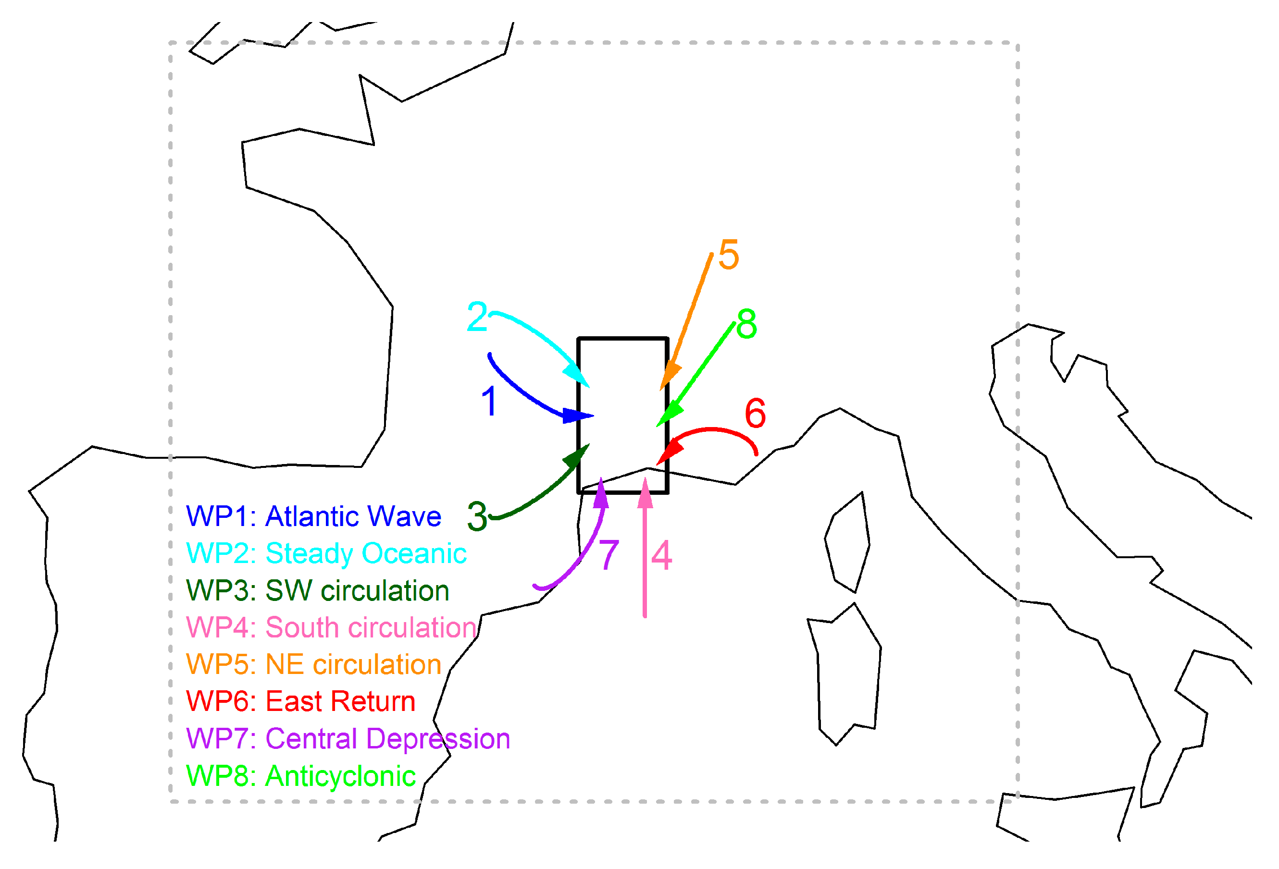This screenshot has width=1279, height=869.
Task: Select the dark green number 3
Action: pyautogui.click(x=477, y=516)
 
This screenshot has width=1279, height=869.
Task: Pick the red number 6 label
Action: pyautogui.click(x=755, y=413)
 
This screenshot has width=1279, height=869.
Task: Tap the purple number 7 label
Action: pyautogui.click(x=608, y=555)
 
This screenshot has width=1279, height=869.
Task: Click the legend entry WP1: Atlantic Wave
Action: pyautogui.click(x=314, y=516)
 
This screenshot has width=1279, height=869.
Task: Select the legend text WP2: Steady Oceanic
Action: pyautogui.click(x=326, y=553)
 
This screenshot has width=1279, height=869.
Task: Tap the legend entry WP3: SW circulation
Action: pyautogui.click(x=318, y=591)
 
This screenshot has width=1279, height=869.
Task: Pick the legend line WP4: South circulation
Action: pyautogui.click(x=331, y=627)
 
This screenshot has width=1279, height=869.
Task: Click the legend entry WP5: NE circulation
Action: pyautogui.click(x=314, y=664)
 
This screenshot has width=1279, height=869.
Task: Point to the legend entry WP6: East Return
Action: pyautogui.click(x=300, y=701)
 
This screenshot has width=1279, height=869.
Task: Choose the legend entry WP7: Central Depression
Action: pyautogui.click(x=348, y=738)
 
